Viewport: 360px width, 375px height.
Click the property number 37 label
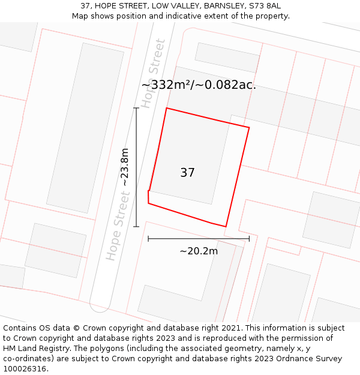tap(187, 173)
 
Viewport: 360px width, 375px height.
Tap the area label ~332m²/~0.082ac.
tap(199, 85)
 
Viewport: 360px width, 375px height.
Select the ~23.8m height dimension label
tap(125, 167)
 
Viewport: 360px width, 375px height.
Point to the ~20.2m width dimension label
tap(199, 251)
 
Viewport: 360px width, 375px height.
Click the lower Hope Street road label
tap(118, 226)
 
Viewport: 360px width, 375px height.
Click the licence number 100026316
tap(25, 369)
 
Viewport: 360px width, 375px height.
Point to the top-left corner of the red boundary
tap(166, 108)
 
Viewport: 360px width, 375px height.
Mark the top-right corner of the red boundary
tap(249, 127)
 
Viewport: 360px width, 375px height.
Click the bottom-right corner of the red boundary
tap(226, 227)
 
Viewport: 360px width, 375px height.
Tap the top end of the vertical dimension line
tap(136, 108)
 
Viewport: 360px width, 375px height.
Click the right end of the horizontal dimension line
tap(249, 239)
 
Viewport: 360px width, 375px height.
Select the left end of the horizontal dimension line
tap(148, 239)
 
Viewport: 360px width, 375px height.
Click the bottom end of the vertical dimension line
tap(136, 227)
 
